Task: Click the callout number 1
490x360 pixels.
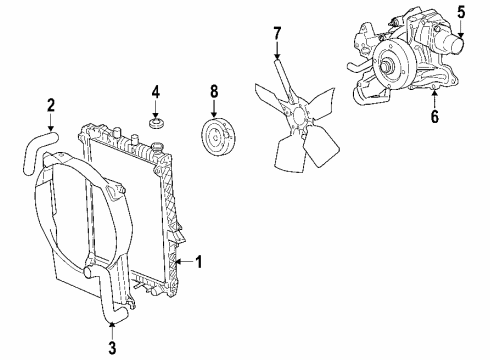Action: tap(199, 263)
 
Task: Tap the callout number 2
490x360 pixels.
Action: tap(51, 103)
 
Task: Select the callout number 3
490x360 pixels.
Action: tap(113, 348)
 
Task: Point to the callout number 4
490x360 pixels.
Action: tap(155, 94)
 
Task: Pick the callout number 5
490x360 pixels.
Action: tap(462, 12)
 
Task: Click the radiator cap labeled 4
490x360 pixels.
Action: tap(156, 124)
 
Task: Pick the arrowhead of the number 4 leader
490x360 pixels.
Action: tap(155, 114)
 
